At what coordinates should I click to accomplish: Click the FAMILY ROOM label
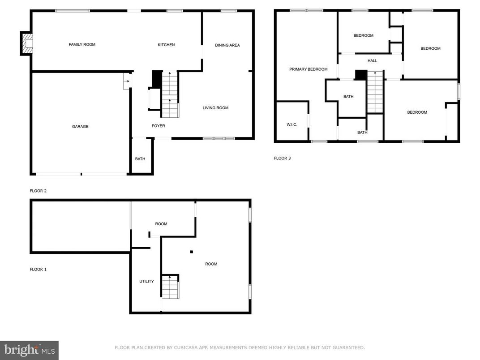(x=82, y=44)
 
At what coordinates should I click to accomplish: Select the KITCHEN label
(x=166, y=45)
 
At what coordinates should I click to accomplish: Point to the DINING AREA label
(x=227, y=45)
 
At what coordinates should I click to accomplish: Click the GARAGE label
(x=80, y=127)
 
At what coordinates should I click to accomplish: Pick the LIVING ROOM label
(x=215, y=108)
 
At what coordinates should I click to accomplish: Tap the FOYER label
(x=158, y=126)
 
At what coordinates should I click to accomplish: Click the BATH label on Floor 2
(x=140, y=159)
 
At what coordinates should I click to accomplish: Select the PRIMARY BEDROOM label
(x=308, y=69)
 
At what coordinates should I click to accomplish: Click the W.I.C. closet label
(x=292, y=124)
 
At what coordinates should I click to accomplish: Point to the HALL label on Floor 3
(x=372, y=61)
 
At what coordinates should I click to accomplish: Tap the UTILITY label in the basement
(x=146, y=282)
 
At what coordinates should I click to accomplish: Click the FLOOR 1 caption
(x=38, y=270)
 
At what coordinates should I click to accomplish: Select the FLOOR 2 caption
(x=38, y=191)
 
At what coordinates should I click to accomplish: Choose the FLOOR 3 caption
(x=282, y=158)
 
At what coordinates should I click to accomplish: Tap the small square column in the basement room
(x=191, y=252)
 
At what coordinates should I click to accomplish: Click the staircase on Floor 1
(x=170, y=287)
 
